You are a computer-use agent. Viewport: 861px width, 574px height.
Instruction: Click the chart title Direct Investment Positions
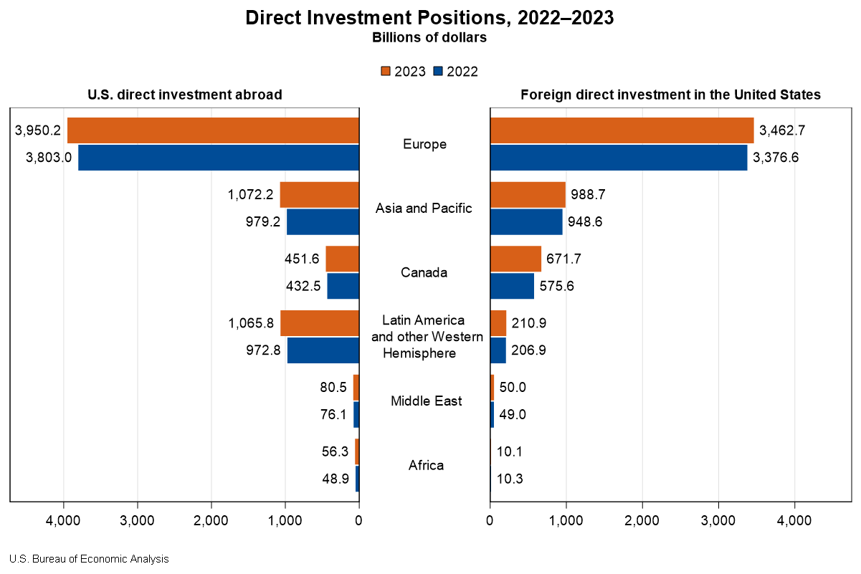(x=429, y=18)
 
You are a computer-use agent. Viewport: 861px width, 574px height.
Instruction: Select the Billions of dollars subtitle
(x=429, y=38)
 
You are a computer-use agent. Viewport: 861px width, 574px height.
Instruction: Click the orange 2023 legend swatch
(x=385, y=71)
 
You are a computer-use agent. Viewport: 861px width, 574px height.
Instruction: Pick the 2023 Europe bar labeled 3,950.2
(x=213, y=130)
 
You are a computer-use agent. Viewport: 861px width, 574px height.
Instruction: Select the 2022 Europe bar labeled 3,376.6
(x=619, y=158)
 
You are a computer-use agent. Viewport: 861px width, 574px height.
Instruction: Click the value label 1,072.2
(x=251, y=194)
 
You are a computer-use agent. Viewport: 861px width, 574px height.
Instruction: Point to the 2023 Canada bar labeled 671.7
(x=515, y=259)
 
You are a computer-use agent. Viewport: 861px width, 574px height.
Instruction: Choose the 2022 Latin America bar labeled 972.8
(x=323, y=350)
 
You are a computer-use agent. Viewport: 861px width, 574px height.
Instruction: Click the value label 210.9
(x=528, y=323)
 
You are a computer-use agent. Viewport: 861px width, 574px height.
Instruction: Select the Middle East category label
(x=426, y=401)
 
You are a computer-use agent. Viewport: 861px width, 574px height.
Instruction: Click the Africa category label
(x=426, y=465)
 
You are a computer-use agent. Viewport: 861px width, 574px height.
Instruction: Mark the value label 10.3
(x=510, y=479)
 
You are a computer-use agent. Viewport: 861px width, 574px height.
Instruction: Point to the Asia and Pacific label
(x=424, y=209)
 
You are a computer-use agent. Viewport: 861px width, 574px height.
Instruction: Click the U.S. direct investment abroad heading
(x=184, y=95)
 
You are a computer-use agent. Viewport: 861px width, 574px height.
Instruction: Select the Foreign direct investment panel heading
(x=670, y=95)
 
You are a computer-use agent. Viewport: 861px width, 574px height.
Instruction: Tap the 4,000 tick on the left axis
(x=64, y=521)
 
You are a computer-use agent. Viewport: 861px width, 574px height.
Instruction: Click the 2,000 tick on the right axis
(x=642, y=521)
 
